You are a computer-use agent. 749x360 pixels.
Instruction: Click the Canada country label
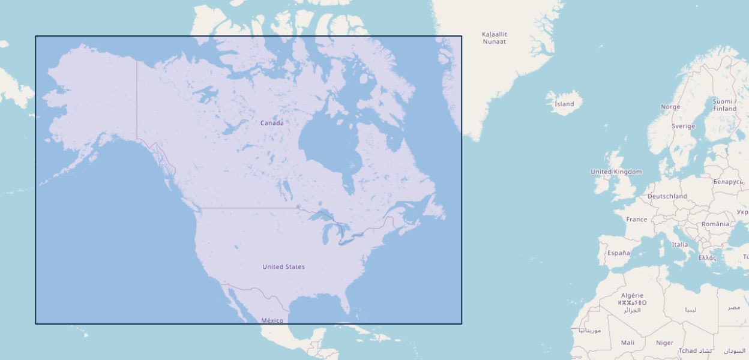coord(272,123)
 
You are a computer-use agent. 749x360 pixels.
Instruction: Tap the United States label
coord(283,267)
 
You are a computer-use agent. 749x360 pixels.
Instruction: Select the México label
coord(272,320)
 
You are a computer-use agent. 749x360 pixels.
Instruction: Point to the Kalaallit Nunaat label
coord(494,38)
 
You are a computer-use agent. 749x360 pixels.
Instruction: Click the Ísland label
coord(564,104)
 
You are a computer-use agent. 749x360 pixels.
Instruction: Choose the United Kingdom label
coord(616,172)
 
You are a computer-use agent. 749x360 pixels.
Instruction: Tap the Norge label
coord(670,107)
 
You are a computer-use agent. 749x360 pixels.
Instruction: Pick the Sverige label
coord(683,127)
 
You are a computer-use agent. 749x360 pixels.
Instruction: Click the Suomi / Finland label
coord(724,105)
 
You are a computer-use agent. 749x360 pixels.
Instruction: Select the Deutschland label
coord(667,196)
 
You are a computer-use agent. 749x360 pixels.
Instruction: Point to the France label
coord(637,220)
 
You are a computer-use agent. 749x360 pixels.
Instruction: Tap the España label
coord(618,253)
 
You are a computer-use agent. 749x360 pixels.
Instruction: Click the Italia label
coord(679,245)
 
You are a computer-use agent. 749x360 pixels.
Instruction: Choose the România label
coord(715,224)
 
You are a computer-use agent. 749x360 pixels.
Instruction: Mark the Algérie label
coord(632,296)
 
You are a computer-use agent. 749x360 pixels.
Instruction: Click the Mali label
coord(627,343)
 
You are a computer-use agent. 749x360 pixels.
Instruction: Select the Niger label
coord(664,343)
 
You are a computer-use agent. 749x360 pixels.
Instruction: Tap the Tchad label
coord(688,351)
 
